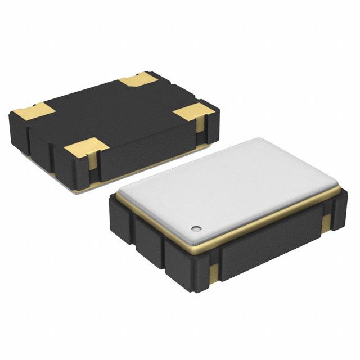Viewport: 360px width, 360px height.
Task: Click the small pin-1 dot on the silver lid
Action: [196, 228]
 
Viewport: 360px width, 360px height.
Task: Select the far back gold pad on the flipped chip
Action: [138, 79]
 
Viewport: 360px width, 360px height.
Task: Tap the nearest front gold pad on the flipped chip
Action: [85, 148]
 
